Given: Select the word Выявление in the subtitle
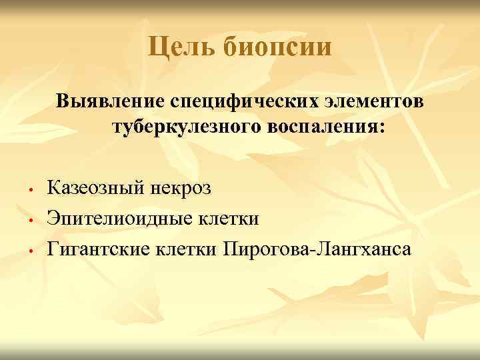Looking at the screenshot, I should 111,103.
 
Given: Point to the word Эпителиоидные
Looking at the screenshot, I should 119,218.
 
